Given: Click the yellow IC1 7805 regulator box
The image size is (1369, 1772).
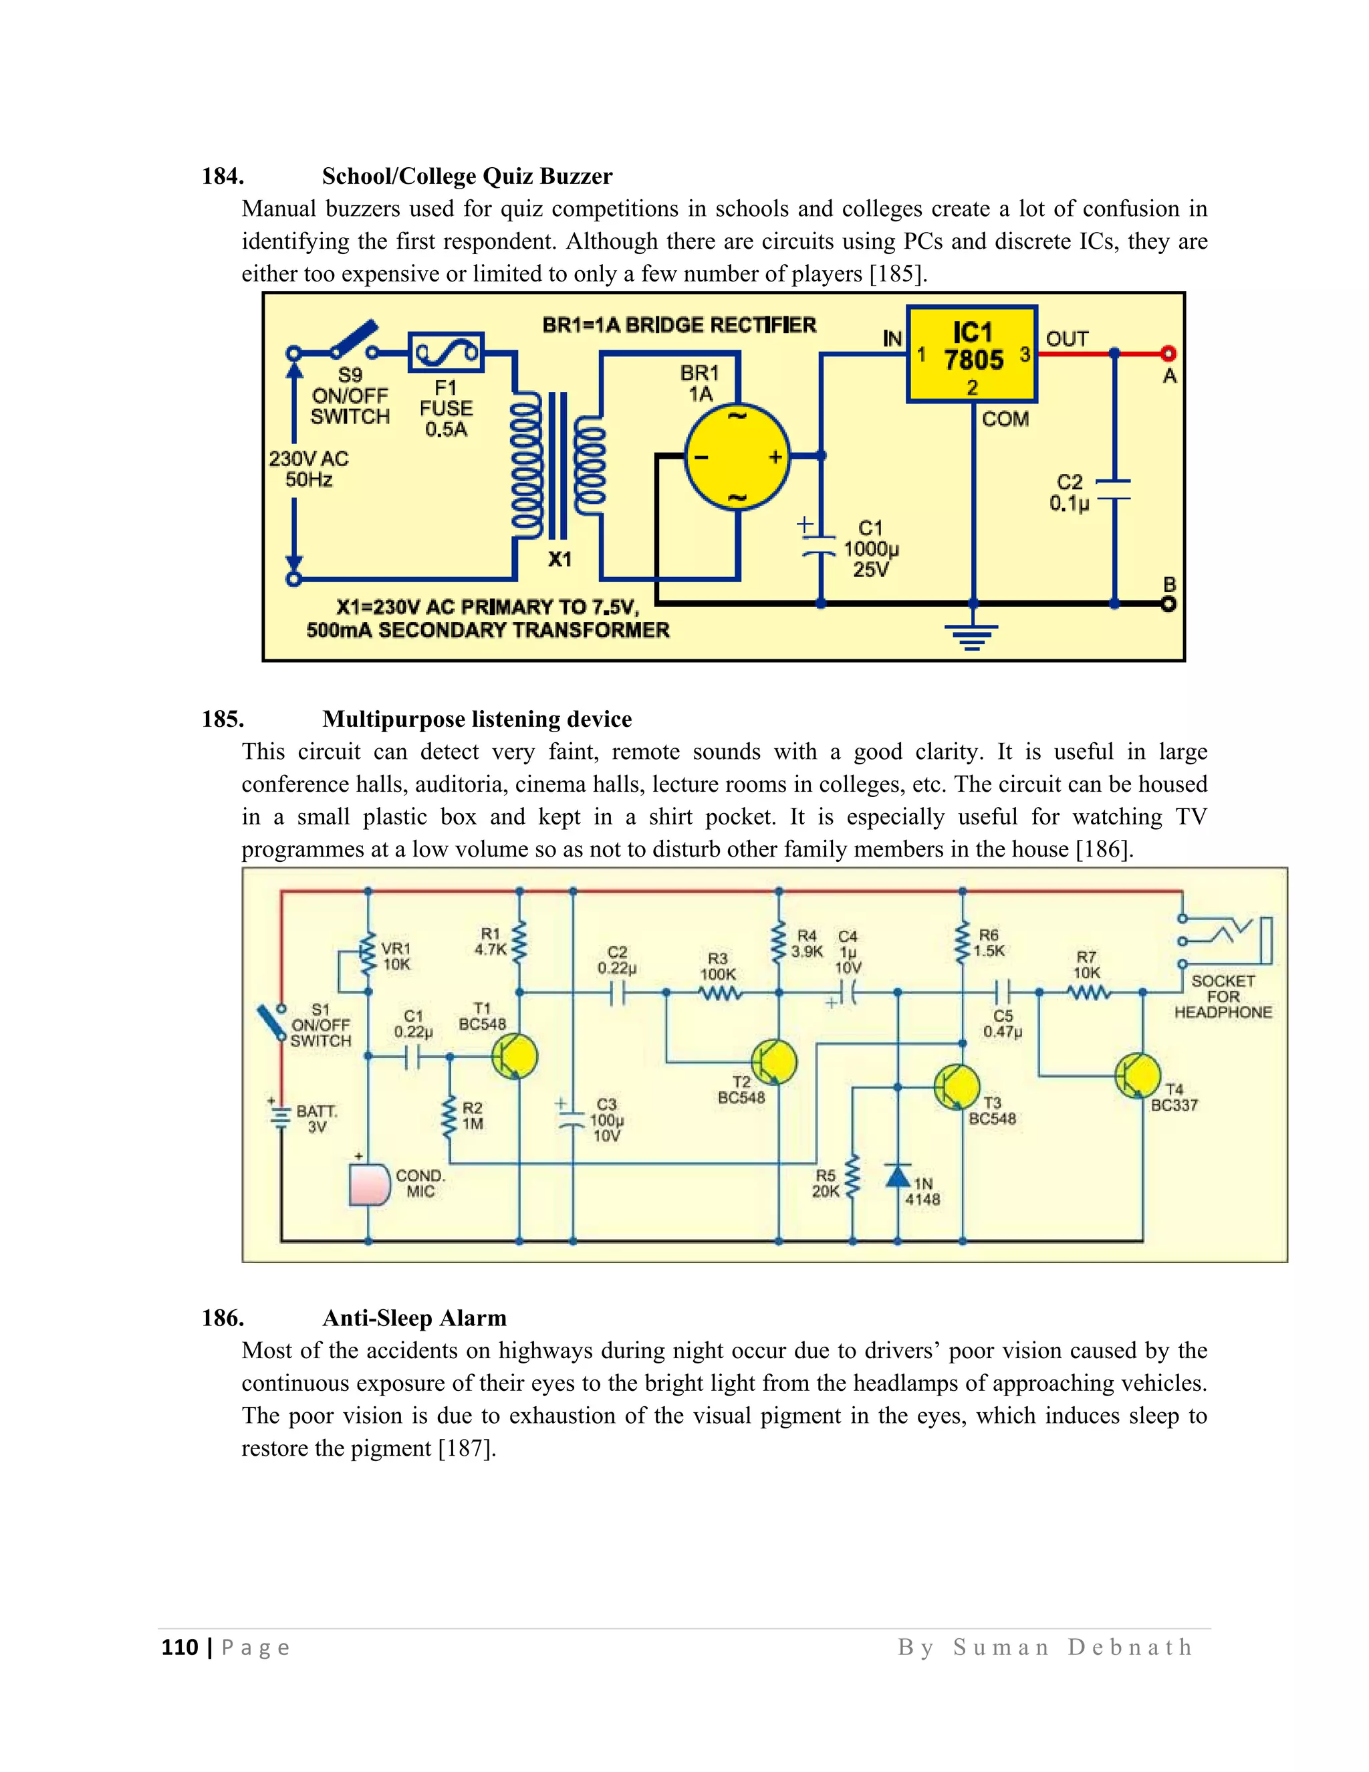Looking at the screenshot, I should click(971, 354).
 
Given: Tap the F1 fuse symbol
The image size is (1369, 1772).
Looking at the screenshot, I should click(445, 353).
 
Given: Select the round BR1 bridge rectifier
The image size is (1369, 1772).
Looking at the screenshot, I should click(737, 457).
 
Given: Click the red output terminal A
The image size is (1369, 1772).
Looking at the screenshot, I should click(1168, 353).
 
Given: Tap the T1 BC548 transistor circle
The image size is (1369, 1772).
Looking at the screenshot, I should click(515, 1057).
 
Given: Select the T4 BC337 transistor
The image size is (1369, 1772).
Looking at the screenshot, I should click(1138, 1075).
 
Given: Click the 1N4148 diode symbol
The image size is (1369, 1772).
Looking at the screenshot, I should click(897, 1176).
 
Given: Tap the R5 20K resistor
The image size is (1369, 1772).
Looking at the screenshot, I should click(852, 1178).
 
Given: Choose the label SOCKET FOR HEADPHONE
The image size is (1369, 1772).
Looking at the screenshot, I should click(1222, 996).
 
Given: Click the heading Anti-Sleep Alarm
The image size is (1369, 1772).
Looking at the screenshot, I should click(414, 1318).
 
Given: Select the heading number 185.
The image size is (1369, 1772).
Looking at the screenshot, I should click(223, 719).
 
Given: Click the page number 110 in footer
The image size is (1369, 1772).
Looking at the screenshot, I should click(179, 1646).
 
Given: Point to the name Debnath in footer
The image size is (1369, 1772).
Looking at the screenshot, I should click(1130, 1646).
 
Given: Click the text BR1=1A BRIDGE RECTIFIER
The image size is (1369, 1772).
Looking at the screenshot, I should click(679, 326).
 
